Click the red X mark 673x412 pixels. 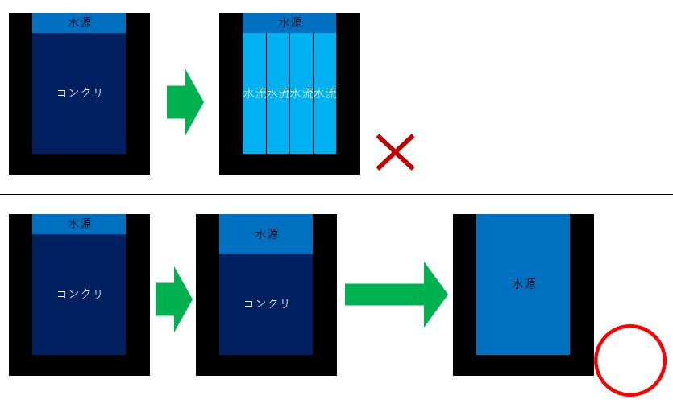tap(395, 152)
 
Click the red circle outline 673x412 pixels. tap(630, 360)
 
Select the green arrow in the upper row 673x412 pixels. tap(185, 102)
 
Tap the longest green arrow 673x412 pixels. tap(397, 295)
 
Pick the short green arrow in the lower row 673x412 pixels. tap(174, 299)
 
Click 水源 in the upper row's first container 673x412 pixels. tap(80, 23)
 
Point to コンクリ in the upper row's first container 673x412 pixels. tap(80, 93)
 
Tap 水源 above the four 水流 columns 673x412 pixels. tap(289, 23)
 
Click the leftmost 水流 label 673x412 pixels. tap(255, 93)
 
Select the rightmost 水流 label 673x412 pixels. tap(325, 93)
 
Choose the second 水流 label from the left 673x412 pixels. tap(278, 93)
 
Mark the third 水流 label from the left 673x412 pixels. tap(301, 93)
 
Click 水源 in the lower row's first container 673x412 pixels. tap(80, 224)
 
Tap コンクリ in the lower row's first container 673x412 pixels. tap(80, 294)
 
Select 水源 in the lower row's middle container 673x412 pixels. tap(267, 233)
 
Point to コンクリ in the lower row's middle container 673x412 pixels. tap(267, 303)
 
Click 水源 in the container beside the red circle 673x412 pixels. tap(524, 283)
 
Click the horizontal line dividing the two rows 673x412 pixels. tap(337, 194)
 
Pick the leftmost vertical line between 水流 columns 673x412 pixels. tap(267, 93)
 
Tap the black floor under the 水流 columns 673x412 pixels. tap(289, 164)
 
